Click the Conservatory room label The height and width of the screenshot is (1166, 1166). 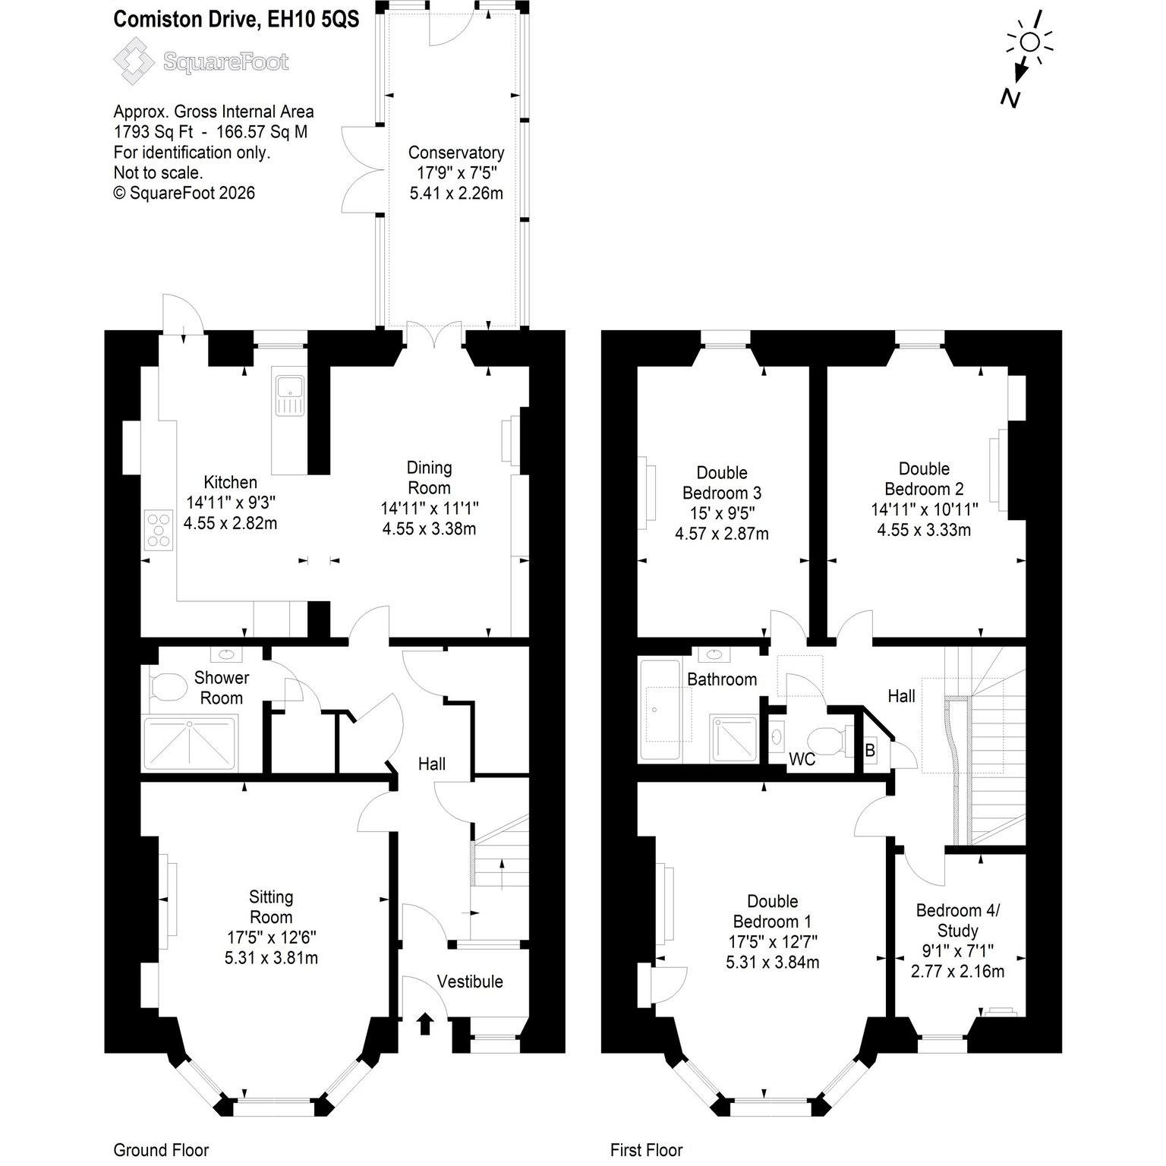(x=456, y=153)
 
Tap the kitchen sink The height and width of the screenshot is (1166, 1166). (x=290, y=395)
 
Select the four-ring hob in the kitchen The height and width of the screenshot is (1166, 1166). (x=159, y=530)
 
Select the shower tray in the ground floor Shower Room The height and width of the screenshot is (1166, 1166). (x=190, y=743)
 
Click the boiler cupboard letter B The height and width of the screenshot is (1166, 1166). (x=871, y=751)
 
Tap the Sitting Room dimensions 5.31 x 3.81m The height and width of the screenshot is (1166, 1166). (x=271, y=958)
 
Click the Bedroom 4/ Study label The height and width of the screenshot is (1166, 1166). (x=958, y=920)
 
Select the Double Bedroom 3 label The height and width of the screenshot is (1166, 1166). (x=722, y=483)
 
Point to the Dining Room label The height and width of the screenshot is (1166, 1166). (x=430, y=477)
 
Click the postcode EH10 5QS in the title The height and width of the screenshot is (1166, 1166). (x=313, y=20)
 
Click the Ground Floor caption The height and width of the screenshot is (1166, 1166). (x=161, y=1150)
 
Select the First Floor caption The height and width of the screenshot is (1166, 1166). (x=647, y=1150)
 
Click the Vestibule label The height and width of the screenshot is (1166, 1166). (x=470, y=982)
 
